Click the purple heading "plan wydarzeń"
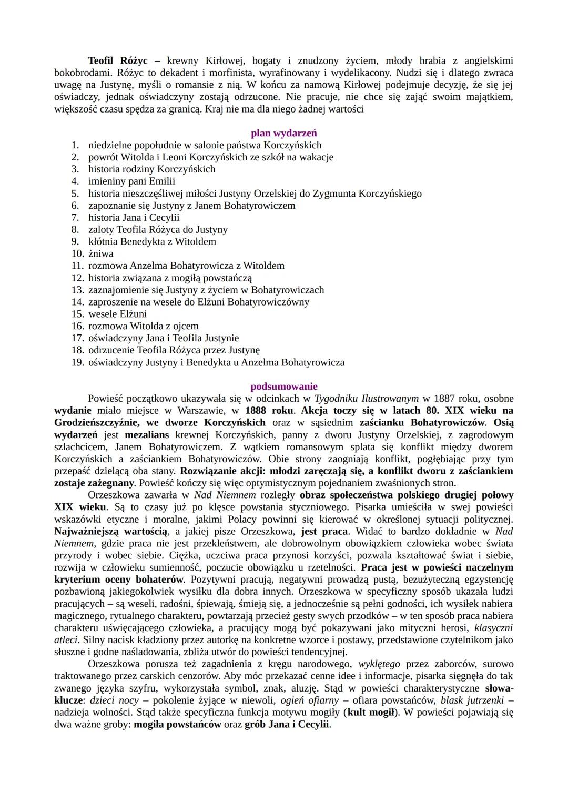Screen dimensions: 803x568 click(283, 133)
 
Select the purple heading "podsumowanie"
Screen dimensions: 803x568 click(283, 387)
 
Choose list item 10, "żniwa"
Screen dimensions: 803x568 click(100, 253)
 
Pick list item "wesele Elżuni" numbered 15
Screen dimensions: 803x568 click(117, 314)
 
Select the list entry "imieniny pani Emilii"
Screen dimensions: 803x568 click(131, 181)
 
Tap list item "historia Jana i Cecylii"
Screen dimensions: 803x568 click(134, 217)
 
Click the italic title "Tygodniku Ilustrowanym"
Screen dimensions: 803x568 click(367, 399)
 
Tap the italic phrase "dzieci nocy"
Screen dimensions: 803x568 click(114, 700)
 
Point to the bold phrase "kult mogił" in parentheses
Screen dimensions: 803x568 click(370, 712)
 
